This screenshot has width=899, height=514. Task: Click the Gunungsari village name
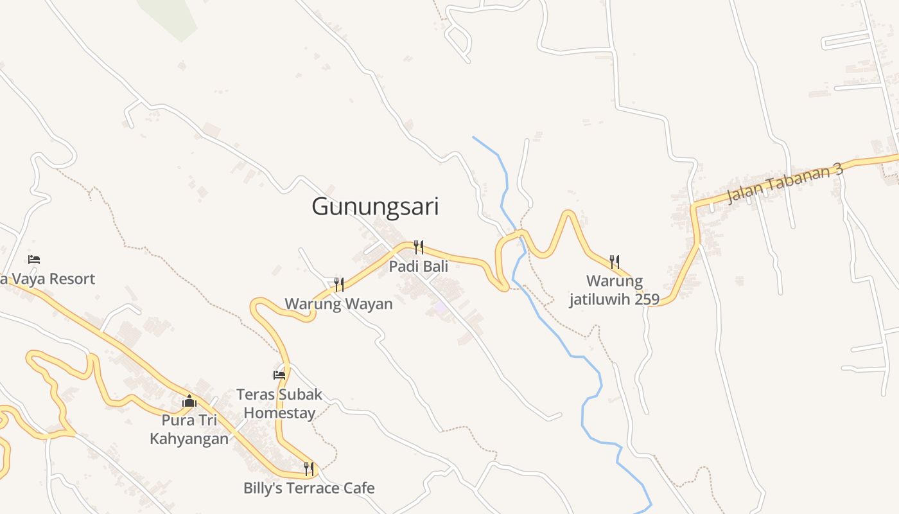(375, 207)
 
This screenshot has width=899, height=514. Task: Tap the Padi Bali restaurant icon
(418, 247)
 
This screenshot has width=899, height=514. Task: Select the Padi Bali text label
(418, 266)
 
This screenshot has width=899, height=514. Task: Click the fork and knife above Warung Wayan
(338, 284)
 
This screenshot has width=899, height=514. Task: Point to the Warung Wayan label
(338, 303)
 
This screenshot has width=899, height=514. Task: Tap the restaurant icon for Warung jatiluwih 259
(615, 261)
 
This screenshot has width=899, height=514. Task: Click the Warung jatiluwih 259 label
(614, 290)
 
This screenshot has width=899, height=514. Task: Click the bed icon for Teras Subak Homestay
(279, 375)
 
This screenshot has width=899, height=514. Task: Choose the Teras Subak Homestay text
(279, 403)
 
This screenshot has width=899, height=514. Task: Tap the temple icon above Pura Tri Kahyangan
(189, 401)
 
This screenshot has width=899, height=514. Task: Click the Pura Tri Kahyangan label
(189, 429)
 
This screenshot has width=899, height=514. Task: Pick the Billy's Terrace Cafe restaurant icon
(309, 468)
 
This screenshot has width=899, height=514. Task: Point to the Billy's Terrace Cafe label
(309, 488)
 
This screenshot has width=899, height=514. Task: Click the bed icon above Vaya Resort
(34, 260)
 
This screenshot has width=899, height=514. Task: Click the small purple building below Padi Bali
(440, 307)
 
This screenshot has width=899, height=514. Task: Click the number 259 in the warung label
(646, 299)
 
